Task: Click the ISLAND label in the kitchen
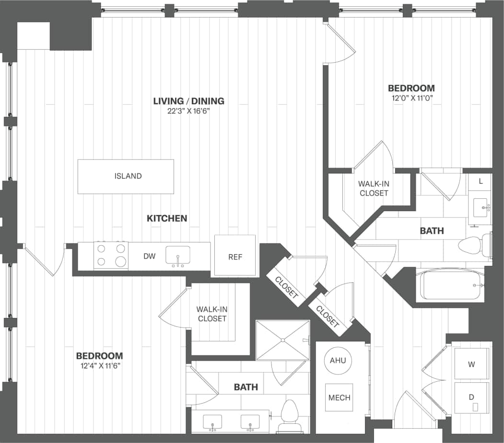tap(128, 176)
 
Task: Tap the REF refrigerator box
tap(235, 256)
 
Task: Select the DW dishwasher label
tap(150, 256)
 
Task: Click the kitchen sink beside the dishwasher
tap(178, 256)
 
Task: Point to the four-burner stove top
tap(111, 255)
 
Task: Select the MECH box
tap(340, 398)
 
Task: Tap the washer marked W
tap(471, 364)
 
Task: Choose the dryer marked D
tap(471, 398)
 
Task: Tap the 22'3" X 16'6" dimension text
tap(188, 111)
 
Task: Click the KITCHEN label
tap(166, 218)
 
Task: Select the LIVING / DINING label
tap(188, 101)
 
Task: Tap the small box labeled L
tap(481, 182)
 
